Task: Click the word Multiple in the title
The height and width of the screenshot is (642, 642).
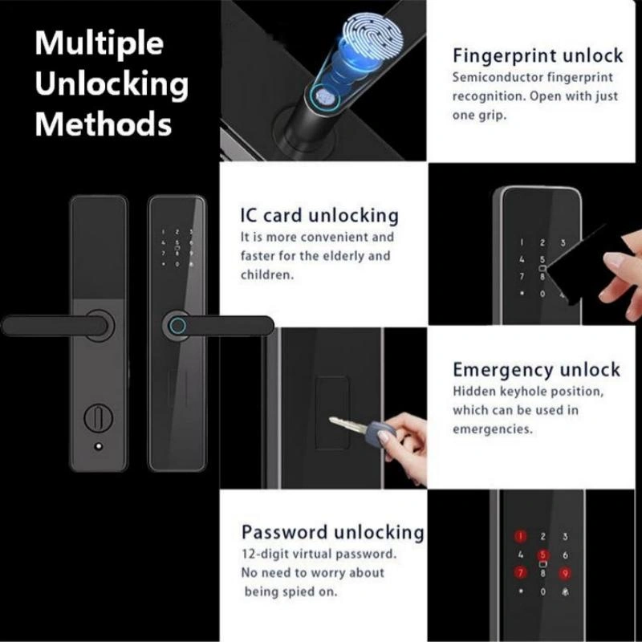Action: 99,44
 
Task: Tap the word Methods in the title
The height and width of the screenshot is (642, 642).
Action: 104,124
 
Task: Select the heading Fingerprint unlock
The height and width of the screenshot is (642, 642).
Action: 538,56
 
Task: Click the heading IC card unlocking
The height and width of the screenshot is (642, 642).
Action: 319,215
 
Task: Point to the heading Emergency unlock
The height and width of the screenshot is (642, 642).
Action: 536,369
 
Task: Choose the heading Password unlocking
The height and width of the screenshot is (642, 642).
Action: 332,532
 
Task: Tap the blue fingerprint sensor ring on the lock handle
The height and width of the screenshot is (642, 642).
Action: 177,326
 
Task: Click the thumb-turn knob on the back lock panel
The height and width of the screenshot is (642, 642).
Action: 99,417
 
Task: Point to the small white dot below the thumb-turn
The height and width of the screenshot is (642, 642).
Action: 98,447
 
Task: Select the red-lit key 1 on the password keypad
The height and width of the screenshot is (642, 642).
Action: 520,536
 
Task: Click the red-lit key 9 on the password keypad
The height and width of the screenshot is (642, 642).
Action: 565,573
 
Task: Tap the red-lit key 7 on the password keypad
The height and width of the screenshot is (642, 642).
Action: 520,572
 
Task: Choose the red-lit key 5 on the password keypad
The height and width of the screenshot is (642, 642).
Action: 543,555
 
